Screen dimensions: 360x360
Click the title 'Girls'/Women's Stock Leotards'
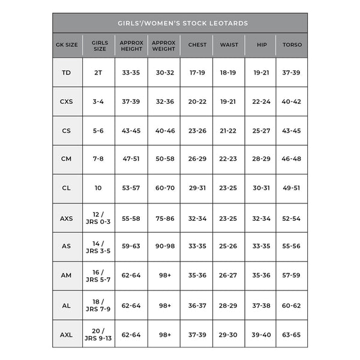(x=180, y=23)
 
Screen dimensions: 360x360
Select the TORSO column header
(x=292, y=45)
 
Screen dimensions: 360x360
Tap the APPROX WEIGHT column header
(x=163, y=45)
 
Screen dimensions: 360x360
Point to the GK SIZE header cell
(x=67, y=45)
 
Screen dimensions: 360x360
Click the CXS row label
(x=67, y=102)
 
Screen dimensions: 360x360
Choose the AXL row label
(x=67, y=334)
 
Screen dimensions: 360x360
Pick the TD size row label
(x=67, y=73)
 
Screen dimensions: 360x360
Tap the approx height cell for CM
(x=131, y=159)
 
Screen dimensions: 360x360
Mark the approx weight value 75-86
(x=163, y=218)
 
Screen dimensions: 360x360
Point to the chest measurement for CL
(x=197, y=188)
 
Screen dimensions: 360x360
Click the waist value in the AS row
(x=228, y=247)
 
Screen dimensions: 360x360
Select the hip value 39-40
(x=261, y=334)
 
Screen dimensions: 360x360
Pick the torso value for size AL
(x=292, y=305)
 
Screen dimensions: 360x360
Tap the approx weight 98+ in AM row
(x=163, y=276)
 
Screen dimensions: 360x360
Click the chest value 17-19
(x=197, y=73)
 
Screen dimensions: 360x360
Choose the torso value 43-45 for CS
(x=292, y=131)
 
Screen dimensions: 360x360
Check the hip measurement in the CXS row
(x=261, y=102)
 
